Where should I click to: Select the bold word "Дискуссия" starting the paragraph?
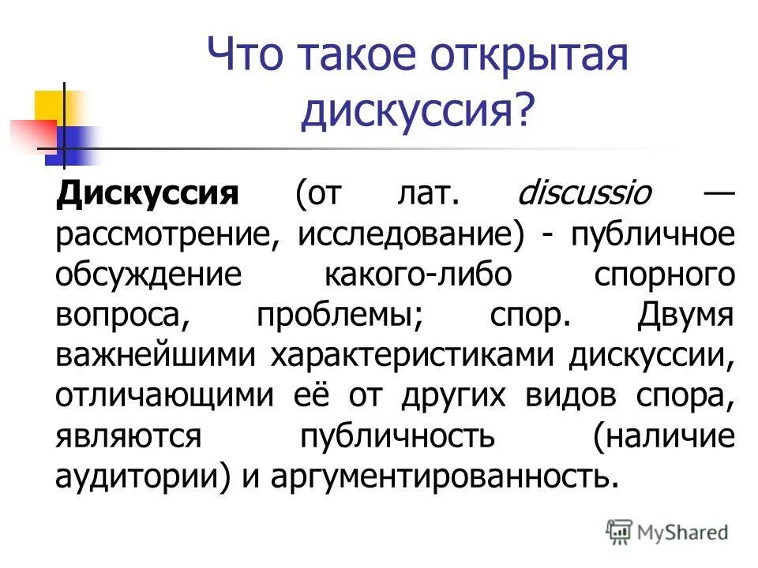148,194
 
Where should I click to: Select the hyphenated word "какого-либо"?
418,276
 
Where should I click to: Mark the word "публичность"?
397,436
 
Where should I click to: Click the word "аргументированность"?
442,476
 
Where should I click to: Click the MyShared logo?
668,531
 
